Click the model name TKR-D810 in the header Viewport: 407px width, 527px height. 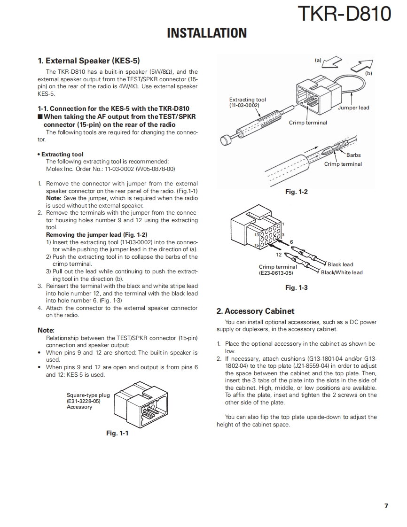click(x=344, y=14)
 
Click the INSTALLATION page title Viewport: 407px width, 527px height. click(x=207, y=33)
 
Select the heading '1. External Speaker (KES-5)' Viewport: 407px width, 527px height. click(x=89, y=61)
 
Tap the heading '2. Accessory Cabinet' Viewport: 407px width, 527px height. click(x=255, y=311)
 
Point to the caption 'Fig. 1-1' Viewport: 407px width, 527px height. click(x=117, y=433)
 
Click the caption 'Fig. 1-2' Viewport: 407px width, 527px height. click(x=297, y=192)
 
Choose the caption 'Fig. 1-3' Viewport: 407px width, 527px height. click(x=297, y=287)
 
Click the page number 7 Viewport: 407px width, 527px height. click(x=386, y=506)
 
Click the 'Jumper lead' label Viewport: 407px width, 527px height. click(x=353, y=108)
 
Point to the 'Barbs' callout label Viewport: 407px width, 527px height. click(x=353, y=155)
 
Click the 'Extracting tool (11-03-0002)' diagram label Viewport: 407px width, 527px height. click(x=247, y=102)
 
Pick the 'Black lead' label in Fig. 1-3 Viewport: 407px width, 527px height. click(x=340, y=264)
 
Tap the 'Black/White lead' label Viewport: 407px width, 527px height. click(x=342, y=272)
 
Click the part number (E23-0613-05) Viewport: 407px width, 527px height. click(x=276, y=273)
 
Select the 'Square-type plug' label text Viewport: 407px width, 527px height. click(x=88, y=395)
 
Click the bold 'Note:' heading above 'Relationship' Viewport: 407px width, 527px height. click(x=46, y=330)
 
